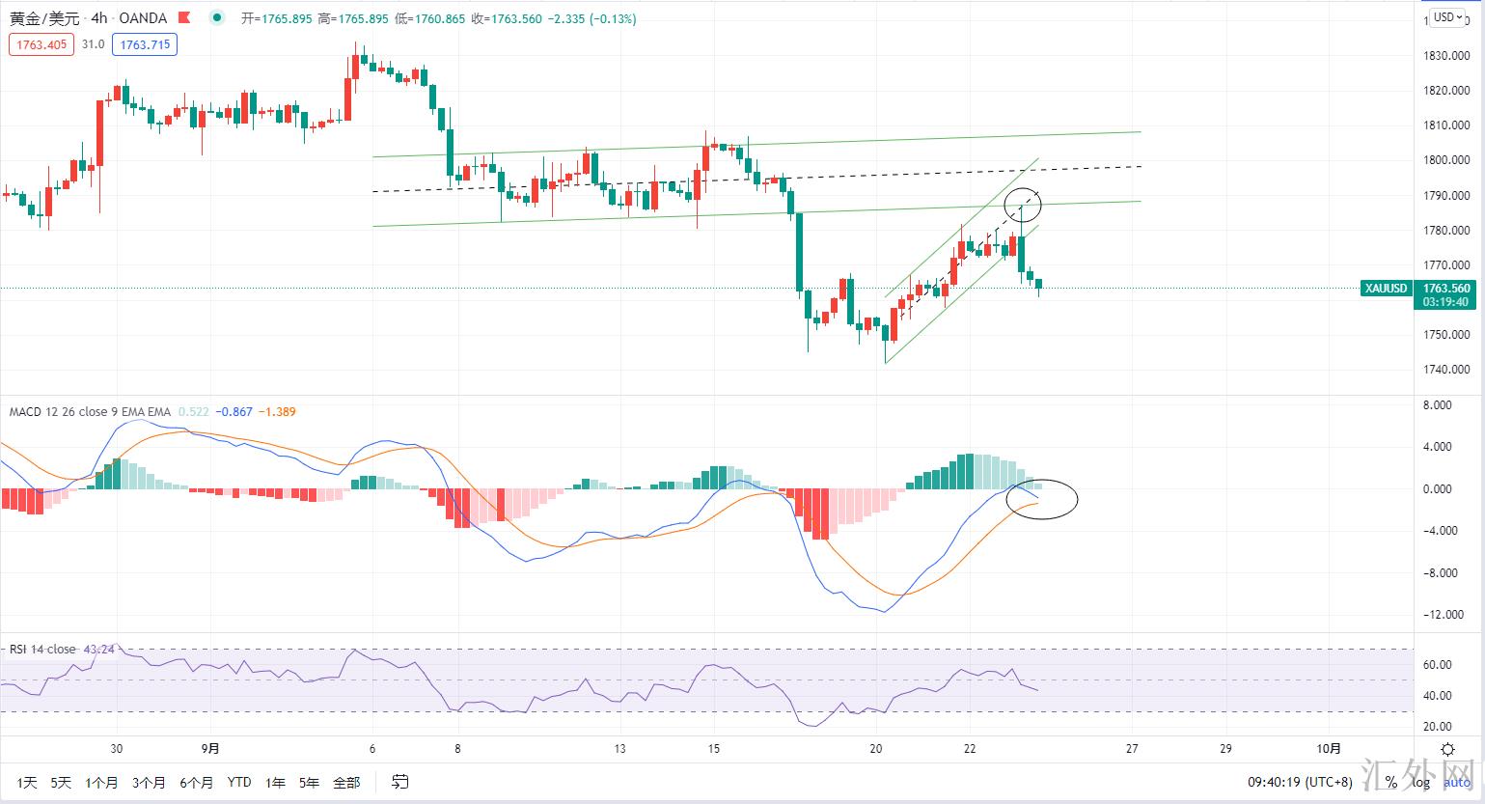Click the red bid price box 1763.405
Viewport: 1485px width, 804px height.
41,44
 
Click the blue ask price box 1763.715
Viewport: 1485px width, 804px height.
144,44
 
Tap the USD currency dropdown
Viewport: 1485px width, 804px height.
1444,16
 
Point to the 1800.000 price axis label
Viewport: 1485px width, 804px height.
1446,160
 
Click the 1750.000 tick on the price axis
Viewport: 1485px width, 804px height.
1446,335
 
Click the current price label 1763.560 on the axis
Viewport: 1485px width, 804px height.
1446,289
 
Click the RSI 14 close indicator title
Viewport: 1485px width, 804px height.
42,649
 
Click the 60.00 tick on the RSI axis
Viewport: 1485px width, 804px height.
1438,665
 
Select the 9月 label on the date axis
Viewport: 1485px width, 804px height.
211,748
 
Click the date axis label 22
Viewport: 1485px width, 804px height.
970,748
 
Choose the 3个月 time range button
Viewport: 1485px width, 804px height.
149,783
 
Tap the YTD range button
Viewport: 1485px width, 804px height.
239,783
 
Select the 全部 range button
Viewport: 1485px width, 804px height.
345,783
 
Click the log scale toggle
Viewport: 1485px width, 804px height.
1416,782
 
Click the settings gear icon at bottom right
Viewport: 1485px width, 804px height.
1447,749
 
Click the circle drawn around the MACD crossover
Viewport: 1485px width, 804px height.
1041,499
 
